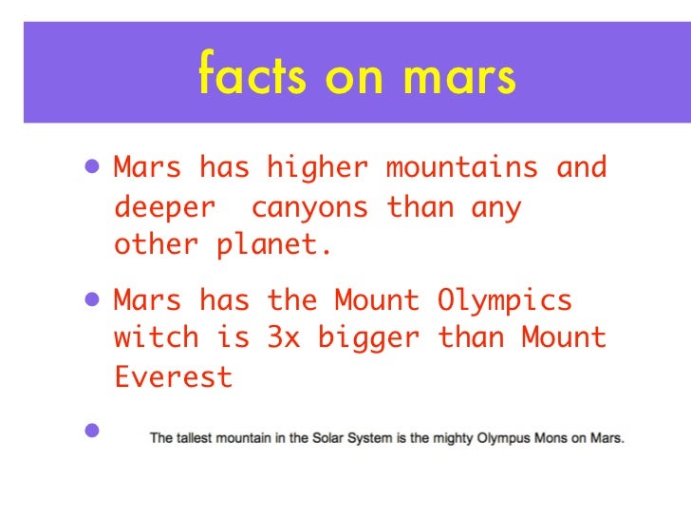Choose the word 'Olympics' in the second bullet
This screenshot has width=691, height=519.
[x=504, y=300]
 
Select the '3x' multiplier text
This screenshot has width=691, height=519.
[x=283, y=337]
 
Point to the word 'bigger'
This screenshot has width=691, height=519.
[x=367, y=338]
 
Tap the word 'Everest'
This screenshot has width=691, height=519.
[x=173, y=376]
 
